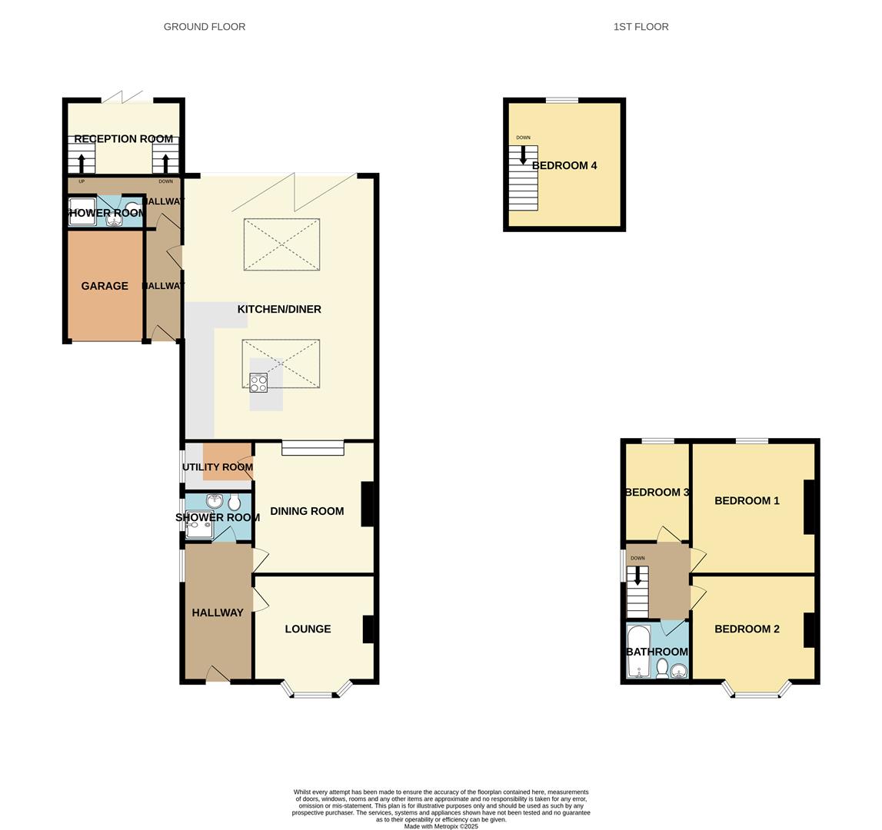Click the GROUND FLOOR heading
(205, 27)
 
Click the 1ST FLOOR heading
(641, 27)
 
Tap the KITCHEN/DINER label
(279, 309)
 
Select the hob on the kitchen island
(258, 383)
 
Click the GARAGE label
(105, 286)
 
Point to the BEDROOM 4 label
(564, 165)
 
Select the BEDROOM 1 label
(747, 500)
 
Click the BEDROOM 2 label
(747, 629)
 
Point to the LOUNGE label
(308, 629)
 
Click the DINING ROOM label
(307, 511)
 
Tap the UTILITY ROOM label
(218, 467)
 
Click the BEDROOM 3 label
(657, 492)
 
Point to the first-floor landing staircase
(637, 592)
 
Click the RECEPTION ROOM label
(123, 139)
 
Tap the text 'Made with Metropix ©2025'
(441, 826)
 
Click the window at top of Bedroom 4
(562, 100)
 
